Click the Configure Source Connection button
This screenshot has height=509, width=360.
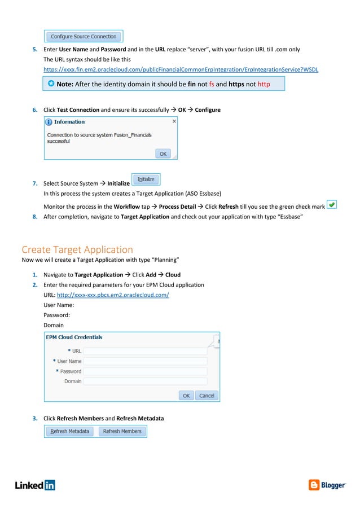click(84, 37)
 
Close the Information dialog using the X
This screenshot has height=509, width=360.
click(174, 121)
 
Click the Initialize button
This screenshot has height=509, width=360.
click(146, 179)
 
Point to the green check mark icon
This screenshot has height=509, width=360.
click(332, 205)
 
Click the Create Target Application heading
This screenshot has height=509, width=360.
click(77, 249)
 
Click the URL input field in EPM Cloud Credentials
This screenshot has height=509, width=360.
click(145, 351)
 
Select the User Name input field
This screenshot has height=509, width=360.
click(145, 361)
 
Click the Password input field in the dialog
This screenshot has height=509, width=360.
click(145, 371)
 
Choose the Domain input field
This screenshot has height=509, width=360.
click(145, 381)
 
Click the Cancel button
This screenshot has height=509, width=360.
click(207, 396)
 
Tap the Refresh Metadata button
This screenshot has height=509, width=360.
click(70, 431)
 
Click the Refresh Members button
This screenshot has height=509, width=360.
click(122, 431)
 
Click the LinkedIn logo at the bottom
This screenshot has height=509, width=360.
click(35, 485)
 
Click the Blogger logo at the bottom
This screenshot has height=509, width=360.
click(327, 485)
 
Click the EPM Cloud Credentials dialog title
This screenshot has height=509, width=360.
click(74, 337)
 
